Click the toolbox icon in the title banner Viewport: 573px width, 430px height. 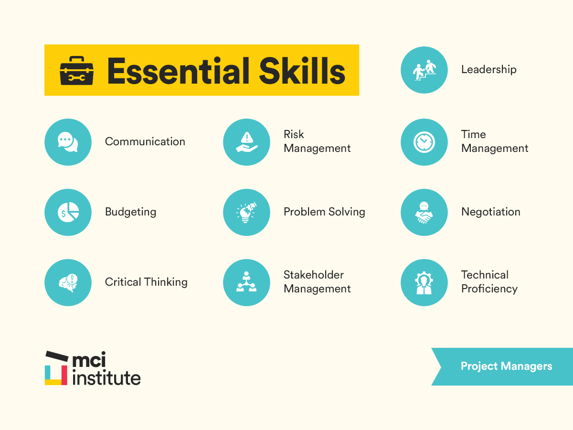(76, 71)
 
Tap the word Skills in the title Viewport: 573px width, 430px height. (302, 71)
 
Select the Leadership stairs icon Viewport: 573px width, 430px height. (424, 70)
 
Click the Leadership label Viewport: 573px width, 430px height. (488, 70)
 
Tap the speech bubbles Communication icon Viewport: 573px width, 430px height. (68, 142)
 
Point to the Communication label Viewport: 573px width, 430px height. (145, 142)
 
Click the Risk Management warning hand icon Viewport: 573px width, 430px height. (246, 142)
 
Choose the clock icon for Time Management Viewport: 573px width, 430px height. (424, 142)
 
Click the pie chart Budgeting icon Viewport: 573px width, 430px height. (68, 212)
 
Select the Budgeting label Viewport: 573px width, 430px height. (130, 212)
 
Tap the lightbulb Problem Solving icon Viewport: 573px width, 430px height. (246, 212)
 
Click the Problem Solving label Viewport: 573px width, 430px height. (324, 212)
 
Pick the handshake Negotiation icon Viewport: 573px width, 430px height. (424, 212)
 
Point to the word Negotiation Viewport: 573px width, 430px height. (490, 212)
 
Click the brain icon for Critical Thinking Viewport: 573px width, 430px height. (68, 282)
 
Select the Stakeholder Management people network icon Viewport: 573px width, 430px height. (246, 282)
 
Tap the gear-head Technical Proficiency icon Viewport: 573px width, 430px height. (424, 282)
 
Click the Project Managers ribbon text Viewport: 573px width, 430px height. (506, 366)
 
